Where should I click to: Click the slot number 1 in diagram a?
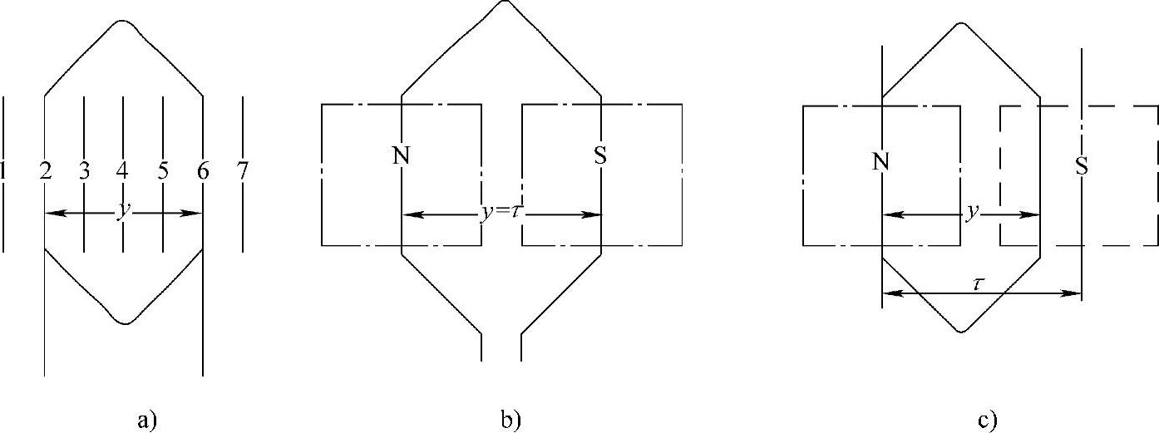coord(3,171)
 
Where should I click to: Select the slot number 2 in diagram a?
coord(44,171)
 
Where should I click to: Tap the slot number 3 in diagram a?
coord(84,171)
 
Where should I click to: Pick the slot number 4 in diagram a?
coord(123,171)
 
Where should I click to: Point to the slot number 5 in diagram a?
coord(163,171)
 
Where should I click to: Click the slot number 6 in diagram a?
coord(203,171)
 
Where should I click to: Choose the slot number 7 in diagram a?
coord(242,171)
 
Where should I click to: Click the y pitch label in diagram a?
coord(124,211)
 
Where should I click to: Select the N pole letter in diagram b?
coord(402,155)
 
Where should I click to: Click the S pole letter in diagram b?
coord(600,155)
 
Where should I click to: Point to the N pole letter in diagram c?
coord(881,164)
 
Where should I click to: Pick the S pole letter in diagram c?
coord(1081,166)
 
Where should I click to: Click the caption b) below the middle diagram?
coord(510,420)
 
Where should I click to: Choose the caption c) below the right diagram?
coord(987,420)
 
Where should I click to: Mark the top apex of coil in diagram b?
coord(501,2)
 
